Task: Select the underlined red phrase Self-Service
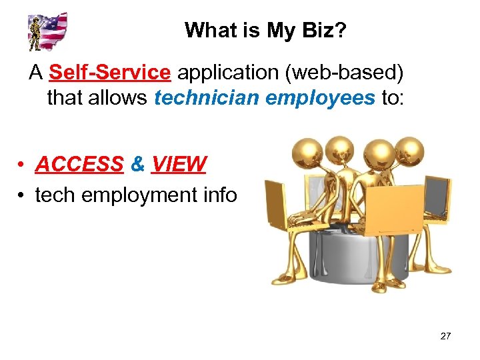pyautogui.click(x=110, y=71)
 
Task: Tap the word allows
pyautogui.click(x=117, y=99)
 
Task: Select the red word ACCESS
pyautogui.click(x=80, y=164)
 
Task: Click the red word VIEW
pyautogui.click(x=179, y=164)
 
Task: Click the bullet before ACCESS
pyautogui.click(x=22, y=165)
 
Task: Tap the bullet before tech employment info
pyautogui.click(x=22, y=196)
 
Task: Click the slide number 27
pyautogui.click(x=445, y=336)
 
